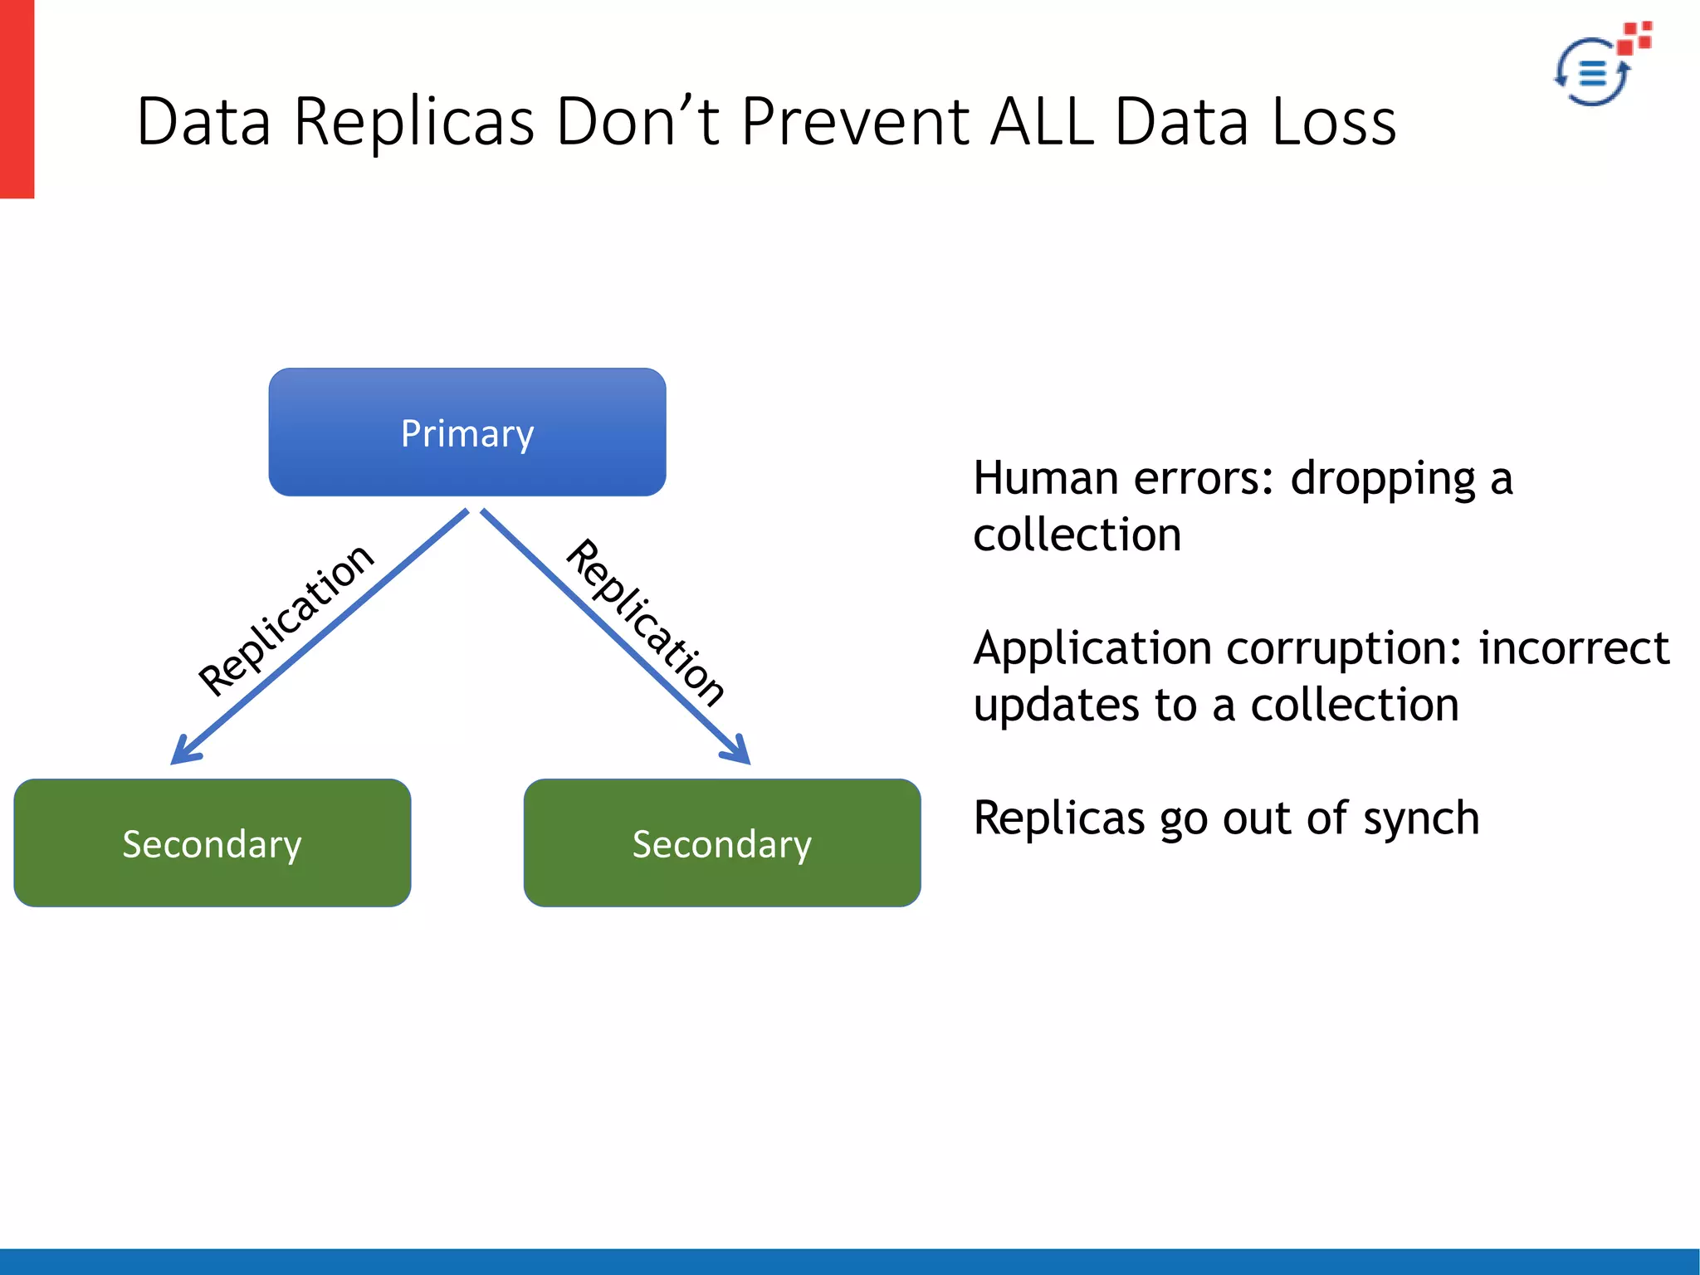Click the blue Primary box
tap(467, 432)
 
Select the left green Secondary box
tap(212, 843)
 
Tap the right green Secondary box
tap(722, 843)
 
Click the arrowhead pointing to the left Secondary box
tap(183, 752)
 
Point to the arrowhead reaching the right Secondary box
tap(739, 751)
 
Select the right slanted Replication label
tap(646, 623)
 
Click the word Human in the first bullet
tap(1046, 479)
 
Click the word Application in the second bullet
tap(1092, 650)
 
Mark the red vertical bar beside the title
tap(17, 99)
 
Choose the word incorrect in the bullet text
tap(1574, 648)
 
